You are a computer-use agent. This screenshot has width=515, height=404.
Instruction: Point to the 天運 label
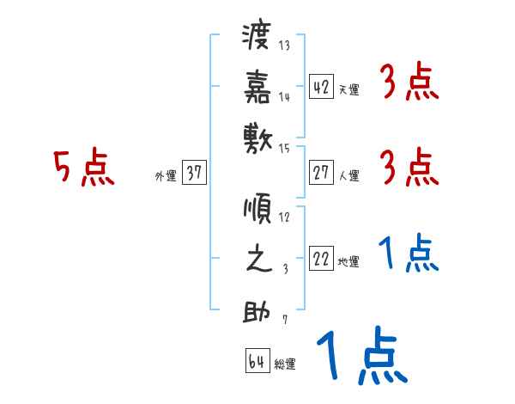click(x=348, y=89)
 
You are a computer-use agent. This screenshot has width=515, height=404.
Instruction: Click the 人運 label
click(x=348, y=176)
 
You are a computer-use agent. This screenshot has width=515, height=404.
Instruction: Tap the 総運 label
click(x=285, y=364)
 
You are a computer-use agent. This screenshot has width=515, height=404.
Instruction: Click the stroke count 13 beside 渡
click(x=284, y=46)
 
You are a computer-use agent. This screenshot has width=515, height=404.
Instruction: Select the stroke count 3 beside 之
click(x=284, y=268)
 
